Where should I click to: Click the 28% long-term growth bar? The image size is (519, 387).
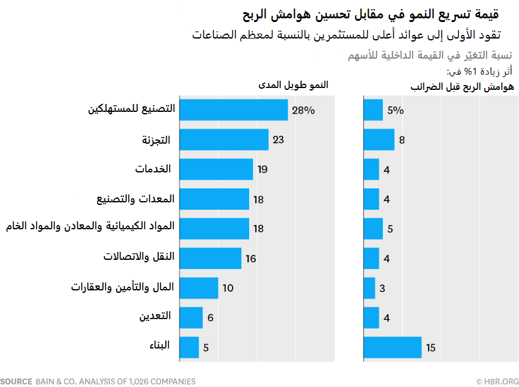[233, 110]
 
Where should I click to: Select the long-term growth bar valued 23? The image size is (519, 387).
[223, 139]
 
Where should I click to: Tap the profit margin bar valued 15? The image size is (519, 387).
[392, 347]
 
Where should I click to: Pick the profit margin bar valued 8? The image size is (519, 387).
[379, 139]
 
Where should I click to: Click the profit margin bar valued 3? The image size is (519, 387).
[369, 288]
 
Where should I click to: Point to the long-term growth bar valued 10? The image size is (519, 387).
[198, 288]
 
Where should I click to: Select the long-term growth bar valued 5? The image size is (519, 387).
[189, 347]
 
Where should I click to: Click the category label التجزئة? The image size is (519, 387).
[155, 139]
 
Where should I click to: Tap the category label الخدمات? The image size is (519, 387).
[153, 169]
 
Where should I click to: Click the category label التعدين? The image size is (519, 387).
[155, 317]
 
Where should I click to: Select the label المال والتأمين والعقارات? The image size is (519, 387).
[123, 287]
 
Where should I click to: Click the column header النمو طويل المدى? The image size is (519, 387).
[291, 85]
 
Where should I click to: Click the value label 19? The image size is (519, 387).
[263, 169]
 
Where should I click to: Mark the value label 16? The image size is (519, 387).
[251, 259]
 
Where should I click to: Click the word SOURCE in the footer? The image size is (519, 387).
[16, 381]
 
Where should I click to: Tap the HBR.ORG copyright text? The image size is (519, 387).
[498, 381]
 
